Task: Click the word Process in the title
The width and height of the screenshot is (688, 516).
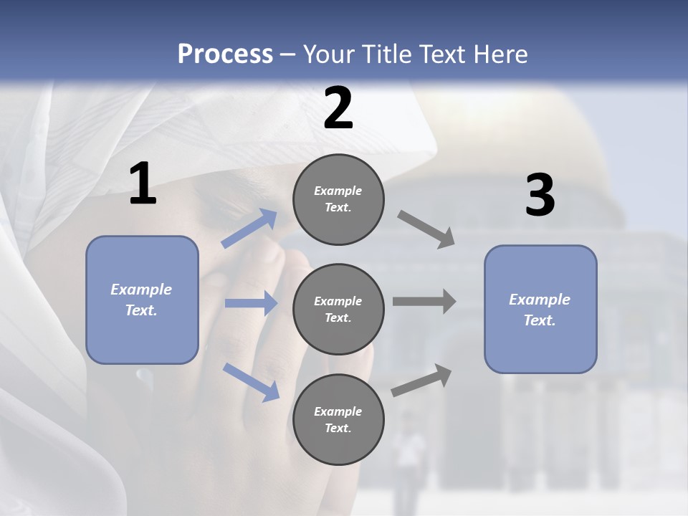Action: point(226,54)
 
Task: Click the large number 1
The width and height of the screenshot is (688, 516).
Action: point(143,183)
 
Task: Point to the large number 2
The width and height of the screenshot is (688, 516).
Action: point(338,107)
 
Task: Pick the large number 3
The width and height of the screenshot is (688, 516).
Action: point(540,194)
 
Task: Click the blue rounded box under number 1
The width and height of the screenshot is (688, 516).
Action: point(142,300)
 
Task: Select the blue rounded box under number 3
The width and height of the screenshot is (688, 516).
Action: point(540,310)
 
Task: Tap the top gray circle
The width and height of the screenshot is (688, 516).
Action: point(338,199)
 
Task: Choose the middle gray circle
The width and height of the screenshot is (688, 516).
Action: point(338,310)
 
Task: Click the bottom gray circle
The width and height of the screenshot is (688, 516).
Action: point(338,419)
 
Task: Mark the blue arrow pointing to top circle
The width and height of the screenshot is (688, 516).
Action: point(249,228)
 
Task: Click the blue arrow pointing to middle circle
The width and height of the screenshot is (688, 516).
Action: point(252,302)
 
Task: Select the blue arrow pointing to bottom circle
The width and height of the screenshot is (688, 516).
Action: point(252,383)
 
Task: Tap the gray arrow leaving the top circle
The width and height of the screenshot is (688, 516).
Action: point(426,229)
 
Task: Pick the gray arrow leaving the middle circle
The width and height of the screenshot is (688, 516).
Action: point(424,301)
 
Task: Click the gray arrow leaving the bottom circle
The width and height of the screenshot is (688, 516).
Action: point(421,380)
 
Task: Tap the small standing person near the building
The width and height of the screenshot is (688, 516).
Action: point(408,461)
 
